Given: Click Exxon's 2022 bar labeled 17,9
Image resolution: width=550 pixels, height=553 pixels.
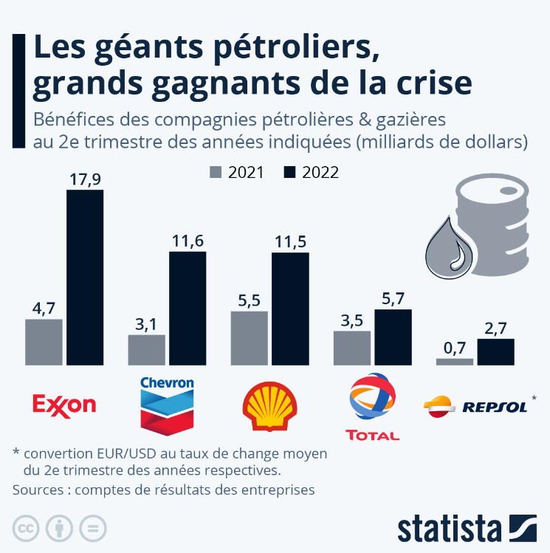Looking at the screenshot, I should tap(85, 277).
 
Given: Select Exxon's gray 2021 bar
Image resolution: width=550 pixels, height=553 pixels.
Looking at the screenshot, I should tap(44, 342).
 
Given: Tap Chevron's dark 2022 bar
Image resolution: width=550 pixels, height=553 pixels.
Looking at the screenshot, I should tap(188, 308).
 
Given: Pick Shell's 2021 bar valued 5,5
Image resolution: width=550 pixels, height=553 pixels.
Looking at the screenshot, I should tap(249, 338).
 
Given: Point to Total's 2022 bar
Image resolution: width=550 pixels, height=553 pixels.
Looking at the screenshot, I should tap(393, 337).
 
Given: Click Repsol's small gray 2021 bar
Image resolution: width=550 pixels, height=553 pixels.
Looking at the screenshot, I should tap(454, 362).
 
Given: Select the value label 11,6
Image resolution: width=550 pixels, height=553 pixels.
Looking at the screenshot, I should tap(188, 241).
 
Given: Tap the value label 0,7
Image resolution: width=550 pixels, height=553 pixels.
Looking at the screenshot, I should tap(454, 347).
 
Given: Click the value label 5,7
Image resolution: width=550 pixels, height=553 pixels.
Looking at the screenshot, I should tap(393, 298).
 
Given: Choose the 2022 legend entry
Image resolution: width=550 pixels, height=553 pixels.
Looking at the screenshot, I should tap(310, 172).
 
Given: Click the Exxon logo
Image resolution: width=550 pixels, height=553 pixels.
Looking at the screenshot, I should tap(65, 405).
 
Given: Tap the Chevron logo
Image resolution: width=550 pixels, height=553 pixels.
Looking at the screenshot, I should tap(167, 405).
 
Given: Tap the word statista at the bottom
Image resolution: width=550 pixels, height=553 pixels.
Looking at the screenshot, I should tap(450, 529).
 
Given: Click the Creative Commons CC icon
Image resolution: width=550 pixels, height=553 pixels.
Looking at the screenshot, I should tap(26, 528).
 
